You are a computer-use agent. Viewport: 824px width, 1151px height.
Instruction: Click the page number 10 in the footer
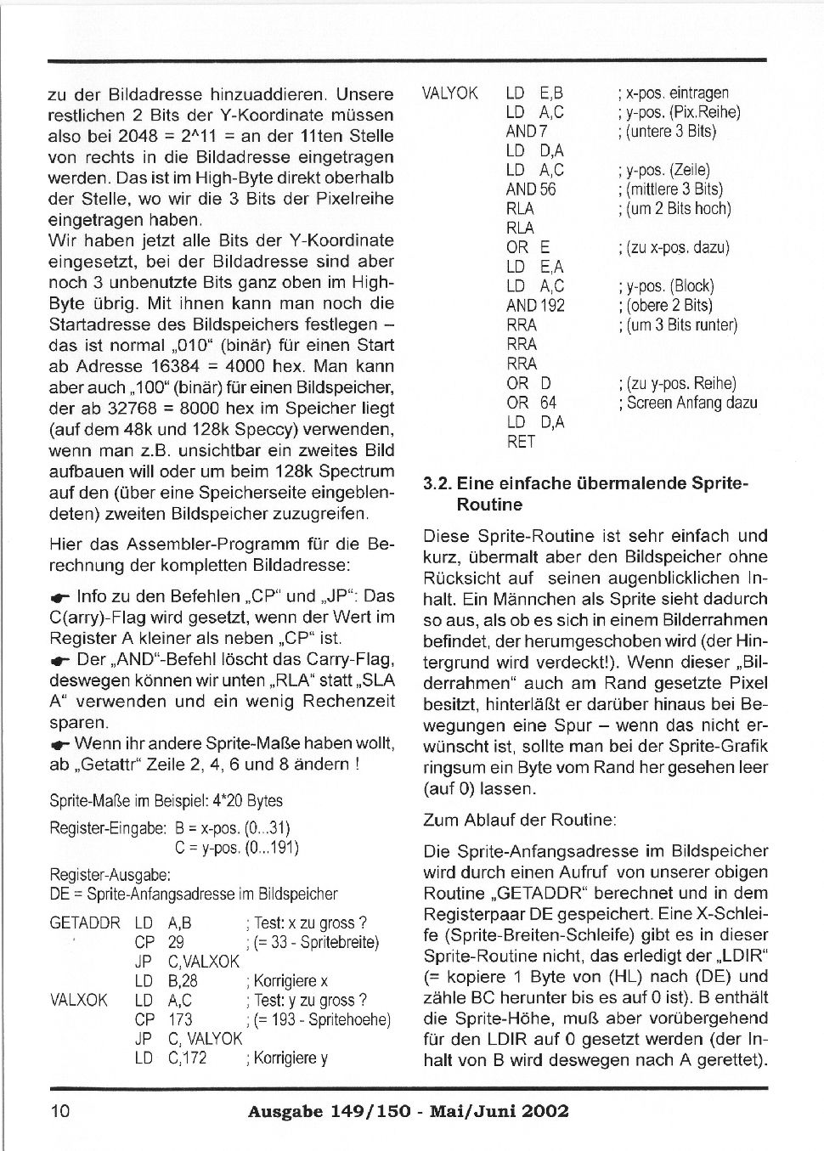60,1111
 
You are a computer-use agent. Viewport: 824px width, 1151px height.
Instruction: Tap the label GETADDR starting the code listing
85,923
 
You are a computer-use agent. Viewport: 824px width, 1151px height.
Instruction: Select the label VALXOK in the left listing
79,1001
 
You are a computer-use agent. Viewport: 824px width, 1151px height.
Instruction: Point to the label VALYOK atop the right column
450,93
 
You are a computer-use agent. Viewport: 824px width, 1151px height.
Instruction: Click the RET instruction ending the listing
521,442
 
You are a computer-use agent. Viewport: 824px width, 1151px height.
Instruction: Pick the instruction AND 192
535,306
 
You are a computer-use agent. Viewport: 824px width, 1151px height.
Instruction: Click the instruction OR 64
532,403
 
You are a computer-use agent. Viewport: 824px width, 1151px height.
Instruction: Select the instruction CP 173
163,1019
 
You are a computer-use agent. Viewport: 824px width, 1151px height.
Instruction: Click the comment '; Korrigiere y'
285,1058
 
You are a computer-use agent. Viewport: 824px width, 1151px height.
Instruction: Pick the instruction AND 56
531,189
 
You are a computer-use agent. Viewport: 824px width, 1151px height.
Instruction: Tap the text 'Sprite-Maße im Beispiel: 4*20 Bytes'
166,801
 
